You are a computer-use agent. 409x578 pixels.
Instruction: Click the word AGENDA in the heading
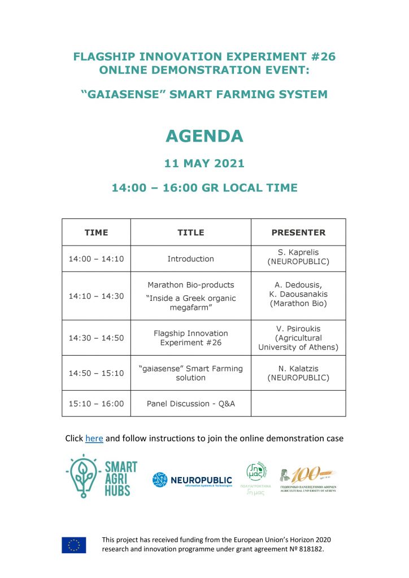(204, 136)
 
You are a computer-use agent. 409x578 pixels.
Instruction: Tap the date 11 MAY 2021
(204, 164)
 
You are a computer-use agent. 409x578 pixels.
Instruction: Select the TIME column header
(96, 232)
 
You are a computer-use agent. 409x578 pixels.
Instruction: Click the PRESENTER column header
(298, 232)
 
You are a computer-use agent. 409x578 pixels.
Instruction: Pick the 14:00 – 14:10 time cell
(96, 259)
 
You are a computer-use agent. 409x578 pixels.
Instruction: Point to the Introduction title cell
(190, 259)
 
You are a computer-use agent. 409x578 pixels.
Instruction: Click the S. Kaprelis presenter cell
(298, 259)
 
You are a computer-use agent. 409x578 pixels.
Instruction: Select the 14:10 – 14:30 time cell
(96, 296)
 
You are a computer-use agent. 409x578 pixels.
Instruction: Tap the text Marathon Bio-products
(190, 285)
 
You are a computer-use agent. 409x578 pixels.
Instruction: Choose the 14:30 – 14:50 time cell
(96, 338)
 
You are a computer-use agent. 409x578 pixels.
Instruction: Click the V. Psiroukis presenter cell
(298, 338)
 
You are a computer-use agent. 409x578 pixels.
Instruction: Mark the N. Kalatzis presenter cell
(298, 373)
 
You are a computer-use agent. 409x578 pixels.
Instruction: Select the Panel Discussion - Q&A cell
(190, 404)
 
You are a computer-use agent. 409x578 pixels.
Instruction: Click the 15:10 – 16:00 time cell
(96, 404)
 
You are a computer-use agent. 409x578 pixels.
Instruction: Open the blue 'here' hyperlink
(94, 438)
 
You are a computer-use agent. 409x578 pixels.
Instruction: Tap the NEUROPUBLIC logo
(192, 480)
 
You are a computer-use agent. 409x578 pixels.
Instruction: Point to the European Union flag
(74, 545)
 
